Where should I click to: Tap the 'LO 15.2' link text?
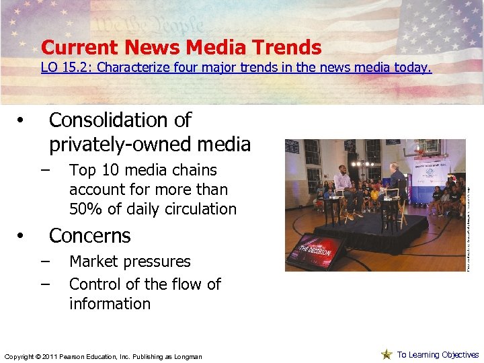(x=58, y=68)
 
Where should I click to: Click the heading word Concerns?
(x=89, y=236)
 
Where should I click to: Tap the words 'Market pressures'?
(x=130, y=261)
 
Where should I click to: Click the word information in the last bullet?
(x=110, y=304)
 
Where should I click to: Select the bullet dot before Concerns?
(x=22, y=237)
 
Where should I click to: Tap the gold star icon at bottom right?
(x=386, y=354)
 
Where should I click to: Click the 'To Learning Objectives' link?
(x=438, y=355)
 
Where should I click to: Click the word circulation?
(x=198, y=209)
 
